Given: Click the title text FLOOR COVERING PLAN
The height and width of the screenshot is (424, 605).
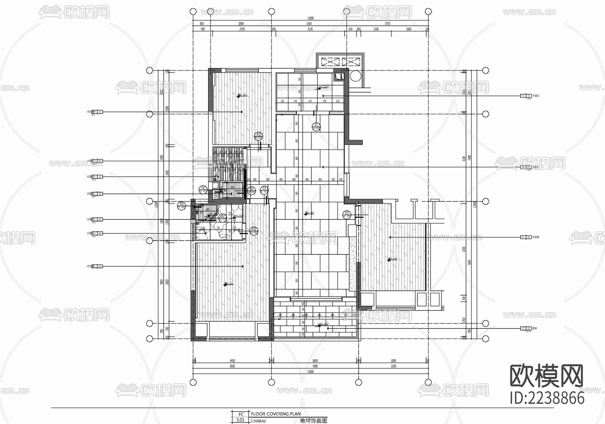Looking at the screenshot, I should [276, 414].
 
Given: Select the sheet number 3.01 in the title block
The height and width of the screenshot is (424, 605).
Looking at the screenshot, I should [240, 420].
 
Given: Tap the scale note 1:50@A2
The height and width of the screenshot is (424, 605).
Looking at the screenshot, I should [258, 421].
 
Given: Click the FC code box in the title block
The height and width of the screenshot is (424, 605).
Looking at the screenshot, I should [241, 414].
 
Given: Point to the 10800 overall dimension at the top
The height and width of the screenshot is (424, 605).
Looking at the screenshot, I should [310, 18].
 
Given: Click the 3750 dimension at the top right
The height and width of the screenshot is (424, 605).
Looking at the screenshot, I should [387, 24].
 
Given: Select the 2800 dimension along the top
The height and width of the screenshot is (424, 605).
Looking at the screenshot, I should [241, 24].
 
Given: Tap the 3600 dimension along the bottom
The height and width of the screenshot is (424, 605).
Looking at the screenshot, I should [232, 366].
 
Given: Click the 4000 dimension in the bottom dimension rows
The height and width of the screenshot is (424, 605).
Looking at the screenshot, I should [315, 366].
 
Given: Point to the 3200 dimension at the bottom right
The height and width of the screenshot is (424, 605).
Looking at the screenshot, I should [393, 366].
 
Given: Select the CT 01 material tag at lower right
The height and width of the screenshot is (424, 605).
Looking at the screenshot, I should [526, 328].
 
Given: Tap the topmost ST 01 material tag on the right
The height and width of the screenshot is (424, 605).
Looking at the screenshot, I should [526, 96].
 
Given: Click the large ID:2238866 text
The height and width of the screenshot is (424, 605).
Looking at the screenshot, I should [547, 398].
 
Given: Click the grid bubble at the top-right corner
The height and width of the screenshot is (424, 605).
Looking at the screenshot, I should [428, 11].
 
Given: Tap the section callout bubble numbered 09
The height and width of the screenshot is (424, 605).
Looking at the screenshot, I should [251, 190].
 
